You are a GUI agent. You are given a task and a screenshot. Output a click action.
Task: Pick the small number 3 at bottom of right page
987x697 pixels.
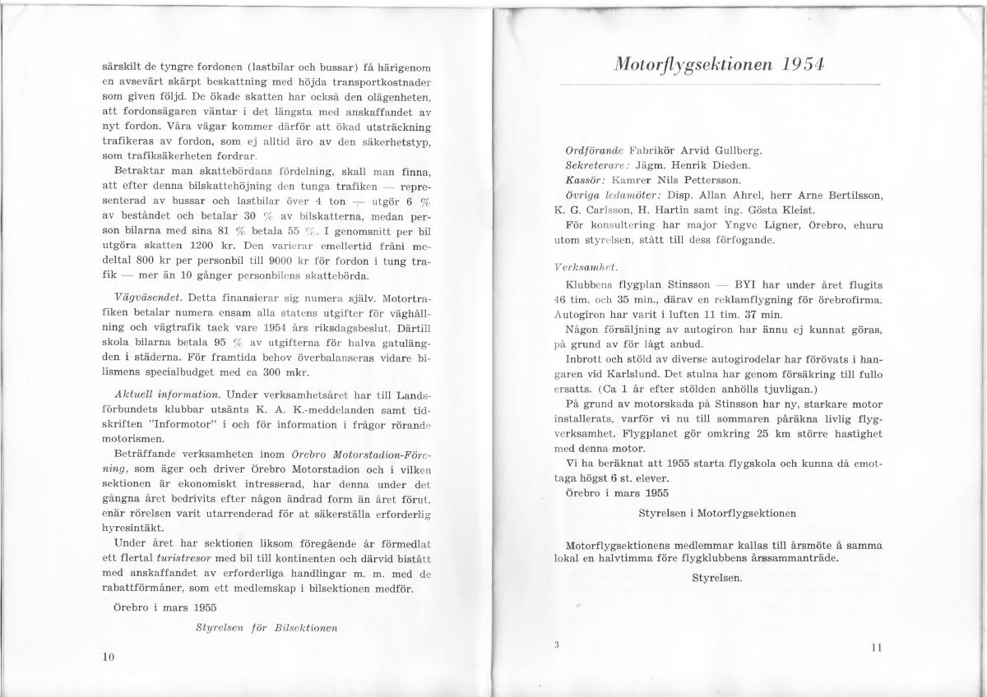pos(557,644)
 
